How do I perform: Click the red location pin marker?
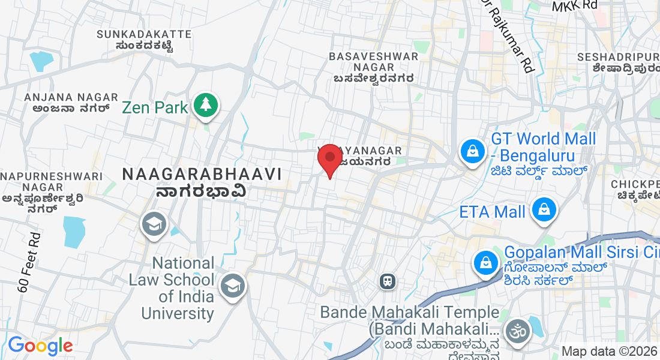(x=329, y=158)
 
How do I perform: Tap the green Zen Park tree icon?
(x=206, y=105)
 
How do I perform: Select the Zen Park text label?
(x=155, y=108)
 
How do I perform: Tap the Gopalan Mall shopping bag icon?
(x=484, y=262)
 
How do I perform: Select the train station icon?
(x=388, y=280)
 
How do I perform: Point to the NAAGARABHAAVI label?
(x=202, y=174)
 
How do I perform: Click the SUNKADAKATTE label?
(x=144, y=34)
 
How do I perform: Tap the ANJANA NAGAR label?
(x=66, y=97)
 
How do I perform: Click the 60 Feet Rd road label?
(x=28, y=262)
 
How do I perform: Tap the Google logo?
(x=40, y=346)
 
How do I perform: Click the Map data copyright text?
(x=609, y=351)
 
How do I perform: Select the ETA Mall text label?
(x=492, y=212)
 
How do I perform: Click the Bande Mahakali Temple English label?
(x=409, y=313)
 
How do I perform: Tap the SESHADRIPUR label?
(x=617, y=57)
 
